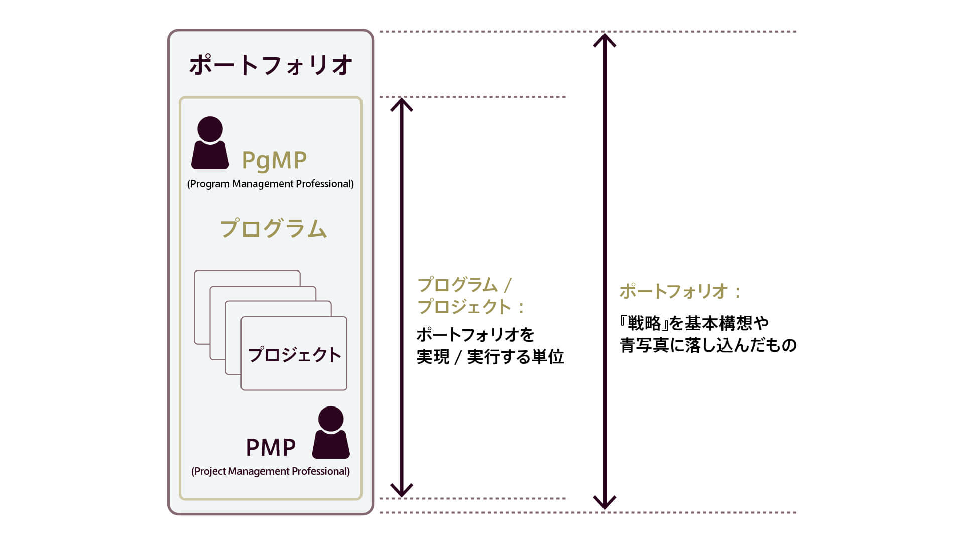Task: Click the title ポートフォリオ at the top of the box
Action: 271,66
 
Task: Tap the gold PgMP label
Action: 274,160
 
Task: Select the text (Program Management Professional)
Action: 271,184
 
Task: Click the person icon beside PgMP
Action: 210,144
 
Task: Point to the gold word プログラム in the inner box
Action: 274,229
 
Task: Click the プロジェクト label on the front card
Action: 294,355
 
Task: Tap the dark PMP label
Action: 271,447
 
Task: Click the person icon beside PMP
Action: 331,433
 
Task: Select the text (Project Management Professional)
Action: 271,471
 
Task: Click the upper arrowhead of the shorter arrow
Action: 401,104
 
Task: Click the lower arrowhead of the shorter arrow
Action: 401,491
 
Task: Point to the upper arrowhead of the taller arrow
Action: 605,39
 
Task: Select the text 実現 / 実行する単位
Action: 490,357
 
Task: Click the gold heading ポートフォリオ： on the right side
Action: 680,291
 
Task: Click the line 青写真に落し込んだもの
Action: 708,345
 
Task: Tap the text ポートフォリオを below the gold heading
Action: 475,335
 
